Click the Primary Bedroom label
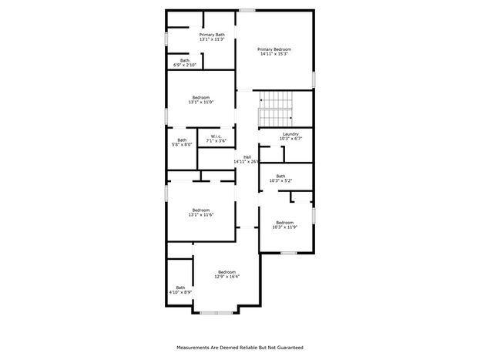tap(274, 49)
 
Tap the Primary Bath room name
tap(212, 35)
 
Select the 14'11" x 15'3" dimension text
tap(274, 54)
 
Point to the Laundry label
tap(290, 134)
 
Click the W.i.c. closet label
tap(216, 136)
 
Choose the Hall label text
tap(247, 156)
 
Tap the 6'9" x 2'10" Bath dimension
tap(185, 65)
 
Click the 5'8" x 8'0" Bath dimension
tap(182, 145)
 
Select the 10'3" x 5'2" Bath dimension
tap(280, 180)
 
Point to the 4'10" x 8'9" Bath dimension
tap(180, 292)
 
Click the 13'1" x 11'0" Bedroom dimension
tap(201, 102)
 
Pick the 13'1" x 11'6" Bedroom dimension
tap(201, 215)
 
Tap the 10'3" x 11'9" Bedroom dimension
tap(285, 227)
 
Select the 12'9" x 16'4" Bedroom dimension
tap(227, 276)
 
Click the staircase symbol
tap(276, 109)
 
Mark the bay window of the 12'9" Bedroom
tap(217, 313)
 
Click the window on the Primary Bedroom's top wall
tap(247, 11)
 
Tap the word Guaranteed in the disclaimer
tap(290, 348)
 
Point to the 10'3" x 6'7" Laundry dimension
tap(290, 139)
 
